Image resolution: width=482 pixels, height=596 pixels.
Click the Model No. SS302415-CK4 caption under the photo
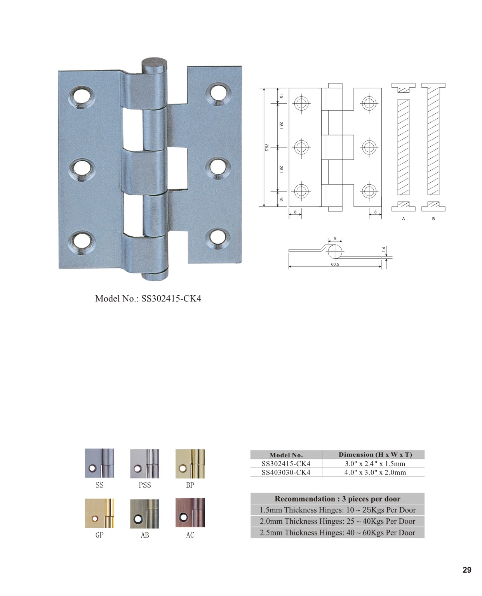pyautogui.click(x=148, y=298)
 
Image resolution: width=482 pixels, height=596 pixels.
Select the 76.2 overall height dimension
pyautogui.click(x=266, y=147)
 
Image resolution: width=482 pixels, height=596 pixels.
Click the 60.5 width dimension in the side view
pyautogui.click(x=335, y=264)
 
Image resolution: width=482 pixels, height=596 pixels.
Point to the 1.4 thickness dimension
pyautogui.click(x=383, y=249)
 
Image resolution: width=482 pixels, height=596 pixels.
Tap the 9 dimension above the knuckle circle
pyautogui.click(x=335, y=238)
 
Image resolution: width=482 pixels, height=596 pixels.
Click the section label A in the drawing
pyautogui.click(x=403, y=218)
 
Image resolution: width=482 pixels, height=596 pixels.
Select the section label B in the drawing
pyautogui.click(x=433, y=218)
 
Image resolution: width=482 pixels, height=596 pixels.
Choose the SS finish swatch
pyautogui.click(x=99, y=463)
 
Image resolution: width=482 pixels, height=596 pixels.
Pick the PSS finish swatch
pyautogui.click(x=144, y=464)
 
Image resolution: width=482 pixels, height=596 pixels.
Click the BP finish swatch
pyautogui.click(x=190, y=464)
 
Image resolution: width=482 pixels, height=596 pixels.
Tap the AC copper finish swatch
pyautogui.click(x=190, y=513)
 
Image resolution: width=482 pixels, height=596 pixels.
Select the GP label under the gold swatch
pyautogui.click(x=99, y=535)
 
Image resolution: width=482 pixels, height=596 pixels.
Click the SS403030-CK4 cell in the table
pyautogui.click(x=286, y=472)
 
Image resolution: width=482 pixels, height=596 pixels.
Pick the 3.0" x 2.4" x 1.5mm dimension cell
pyautogui.click(x=375, y=464)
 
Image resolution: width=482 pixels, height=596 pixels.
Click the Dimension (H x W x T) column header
pyautogui.click(x=375, y=454)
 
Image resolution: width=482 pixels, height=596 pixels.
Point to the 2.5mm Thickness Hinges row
pyautogui.click(x=337, y=532)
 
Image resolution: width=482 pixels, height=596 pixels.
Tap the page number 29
pyautogui.click(x=467, y=570)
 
